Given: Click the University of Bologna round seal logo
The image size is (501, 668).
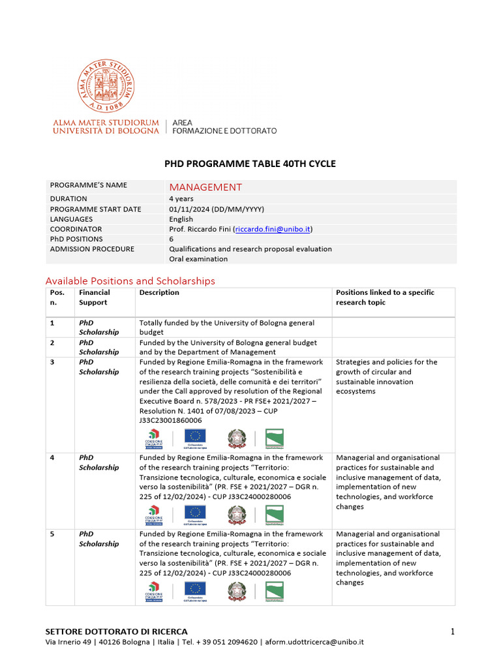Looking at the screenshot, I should (106, 87).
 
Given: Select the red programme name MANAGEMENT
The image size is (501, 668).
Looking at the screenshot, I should (205, 187).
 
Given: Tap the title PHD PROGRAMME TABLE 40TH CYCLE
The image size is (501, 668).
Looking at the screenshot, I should (250, 164).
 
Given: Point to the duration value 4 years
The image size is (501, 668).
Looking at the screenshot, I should (181, 199).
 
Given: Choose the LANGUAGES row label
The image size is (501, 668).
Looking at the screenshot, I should (71, 219).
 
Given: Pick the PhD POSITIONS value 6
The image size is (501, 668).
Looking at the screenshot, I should (172, 239).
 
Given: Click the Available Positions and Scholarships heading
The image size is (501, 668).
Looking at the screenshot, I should (130, 281).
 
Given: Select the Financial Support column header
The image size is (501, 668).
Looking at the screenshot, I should (95, 297).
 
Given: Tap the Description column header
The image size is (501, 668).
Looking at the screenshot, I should (159, 292).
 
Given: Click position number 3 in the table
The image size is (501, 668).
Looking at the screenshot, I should (52, 361).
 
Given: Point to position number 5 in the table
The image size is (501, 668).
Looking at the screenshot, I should (52, 534).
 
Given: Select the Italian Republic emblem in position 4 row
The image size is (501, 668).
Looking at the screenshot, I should (237, 515).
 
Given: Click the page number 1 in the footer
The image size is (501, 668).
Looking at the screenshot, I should (451, 631).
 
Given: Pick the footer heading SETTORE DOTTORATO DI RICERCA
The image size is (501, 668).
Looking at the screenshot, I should (116, 631).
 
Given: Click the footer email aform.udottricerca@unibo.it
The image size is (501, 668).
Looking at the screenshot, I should (314, 642).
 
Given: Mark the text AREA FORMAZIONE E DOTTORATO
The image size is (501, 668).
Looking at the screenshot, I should (224, 127).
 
